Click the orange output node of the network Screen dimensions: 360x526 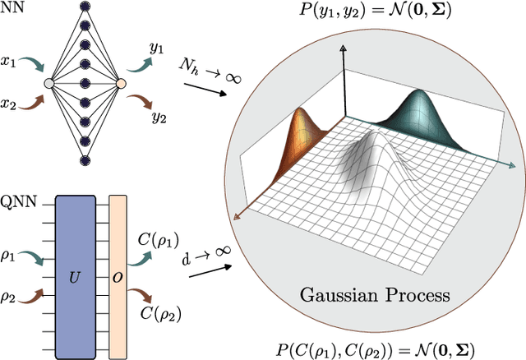click(121, 83)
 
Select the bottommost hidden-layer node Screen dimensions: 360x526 click(85, 158)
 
